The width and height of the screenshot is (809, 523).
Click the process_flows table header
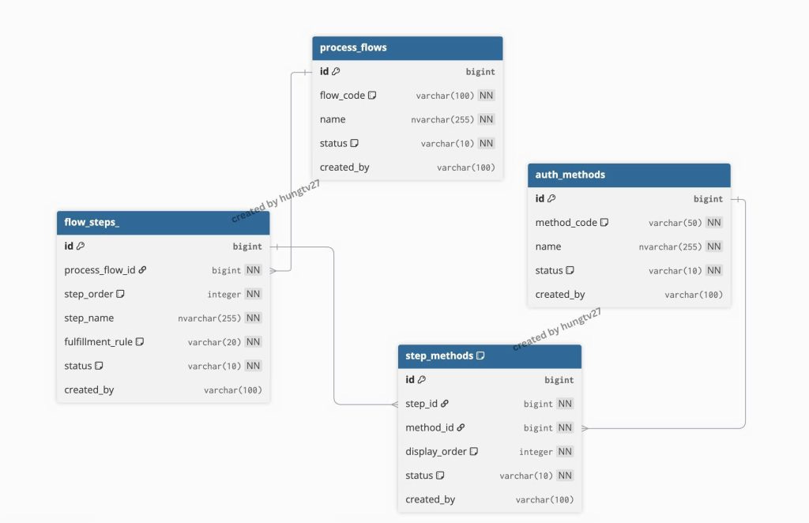pyautogui.click(x=407, y=48)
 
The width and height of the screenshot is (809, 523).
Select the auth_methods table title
pyautogui.click(x=570, y=175)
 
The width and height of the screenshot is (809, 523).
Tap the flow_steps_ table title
pyautogui.click(x=92, y=222)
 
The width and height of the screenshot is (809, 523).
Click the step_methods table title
pyautogui.click(x=439, y=356)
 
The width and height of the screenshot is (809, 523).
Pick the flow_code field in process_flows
pyautogui.click(x=342, y=96)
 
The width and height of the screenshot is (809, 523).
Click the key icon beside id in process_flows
pyautogui.click(x=336, y=71)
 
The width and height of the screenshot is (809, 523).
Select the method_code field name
pyautogui.click(x=566, y=222)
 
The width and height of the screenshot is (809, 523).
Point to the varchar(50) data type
pyautogui.click(x=675, y=223)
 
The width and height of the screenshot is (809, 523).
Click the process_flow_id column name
pyautogui.click(x=100, y=269)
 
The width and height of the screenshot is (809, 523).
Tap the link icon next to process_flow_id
pyautogui.click(x=142, y=269)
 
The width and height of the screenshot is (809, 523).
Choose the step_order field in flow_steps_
pyautogui.click(x=88, y=294)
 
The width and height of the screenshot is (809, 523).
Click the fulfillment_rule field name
pyautogui.click(x=99, y=341)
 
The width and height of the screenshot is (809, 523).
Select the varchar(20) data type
pyautogui.click(x=214, y=342)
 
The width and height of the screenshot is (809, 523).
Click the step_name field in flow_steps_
pyautogui.click(x=88, y=318)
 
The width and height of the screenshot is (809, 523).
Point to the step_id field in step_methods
pyautogui.click(x=422, y=404)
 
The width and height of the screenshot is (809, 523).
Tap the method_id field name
pyautogui.click(x=430, y=427)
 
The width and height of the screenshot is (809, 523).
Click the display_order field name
pyautogui.click(x=436, y=451)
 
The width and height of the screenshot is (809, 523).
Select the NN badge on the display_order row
pyautogui.click(x=565, y=451)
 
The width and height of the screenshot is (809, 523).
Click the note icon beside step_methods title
pyautogui.click(x=480, y=356)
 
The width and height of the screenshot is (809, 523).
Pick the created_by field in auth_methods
pyautogui.click(x=560, y=295)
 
